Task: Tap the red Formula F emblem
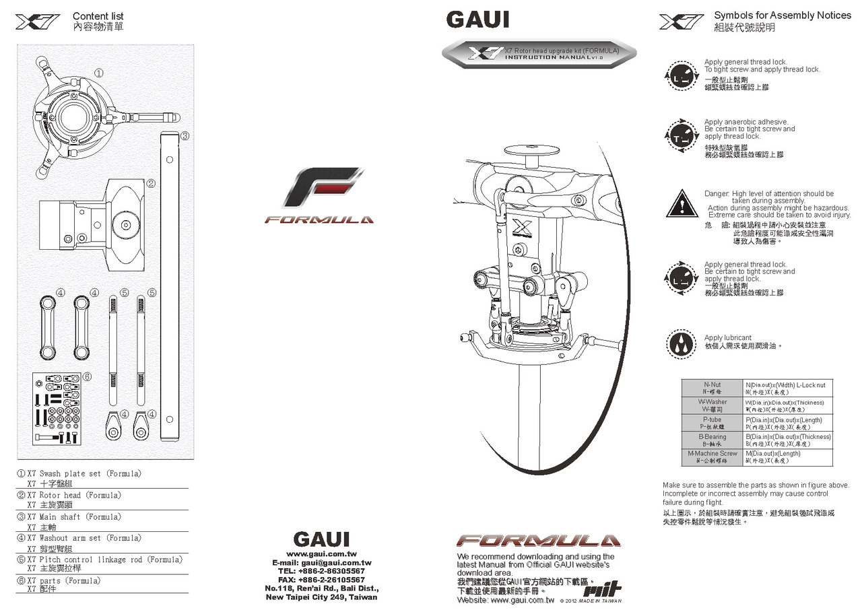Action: (x=323, y=188)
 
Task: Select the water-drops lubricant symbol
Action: (x=682, y=343)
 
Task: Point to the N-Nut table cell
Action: (x=712, y=388)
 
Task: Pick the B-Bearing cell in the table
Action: (x=712, y=440)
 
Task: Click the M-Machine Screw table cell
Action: (x=712, y=457)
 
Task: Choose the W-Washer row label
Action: (x=712, y=405)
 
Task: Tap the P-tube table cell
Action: (x=712, y=423)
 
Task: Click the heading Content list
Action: (x=98, y=16)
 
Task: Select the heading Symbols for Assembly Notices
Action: (x=783, y=15)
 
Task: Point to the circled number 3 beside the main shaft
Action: (x=185, y=135)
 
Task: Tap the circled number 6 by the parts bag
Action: (x=87, y=376)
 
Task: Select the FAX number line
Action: (x=322, y=580)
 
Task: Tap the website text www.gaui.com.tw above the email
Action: (x=322, y=553)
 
